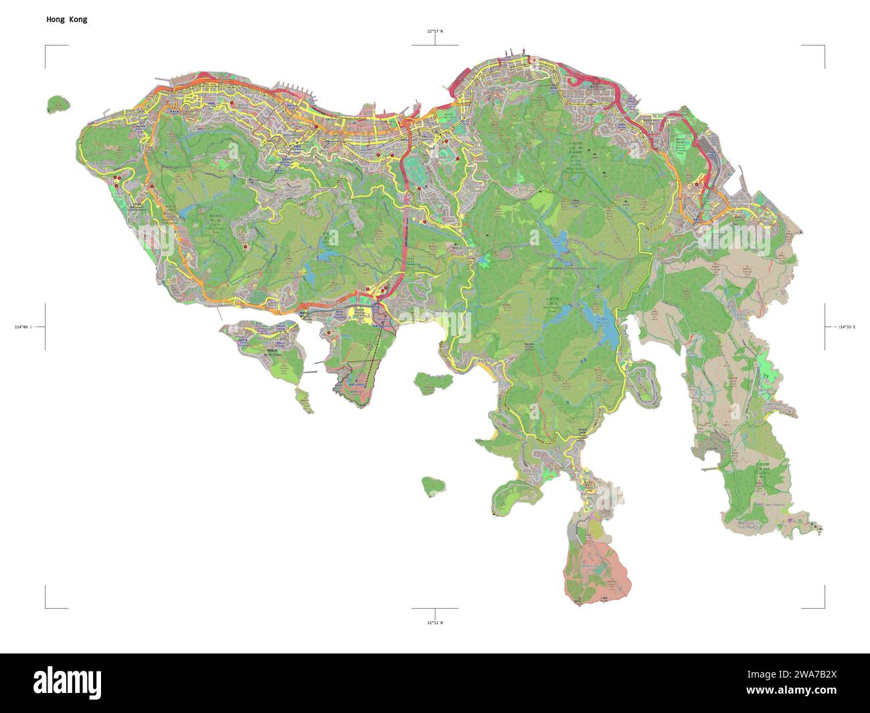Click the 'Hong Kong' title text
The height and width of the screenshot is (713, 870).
click(x=66, y=19)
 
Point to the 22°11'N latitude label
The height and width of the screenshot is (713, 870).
click(x=435, y=623)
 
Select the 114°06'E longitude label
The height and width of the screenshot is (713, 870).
click(x=23, y=326)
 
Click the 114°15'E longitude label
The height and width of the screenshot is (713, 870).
click(x=847, y=326)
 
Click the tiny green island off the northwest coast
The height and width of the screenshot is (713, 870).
click(x=58, y=104)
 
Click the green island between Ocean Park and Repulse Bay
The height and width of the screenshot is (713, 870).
click(x=426, y=383)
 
